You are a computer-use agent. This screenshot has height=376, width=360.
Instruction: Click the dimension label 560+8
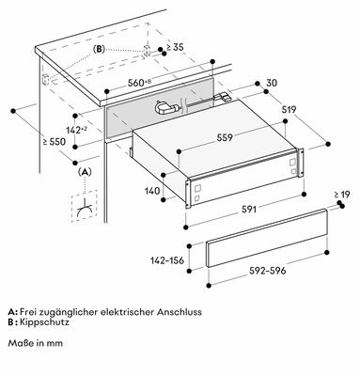coord(139,83)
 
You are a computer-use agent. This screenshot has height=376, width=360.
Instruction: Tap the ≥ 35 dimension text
coord(175,48)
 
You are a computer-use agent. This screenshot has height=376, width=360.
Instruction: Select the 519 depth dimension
coord(289,110)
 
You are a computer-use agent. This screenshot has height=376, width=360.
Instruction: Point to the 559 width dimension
coord(225,137)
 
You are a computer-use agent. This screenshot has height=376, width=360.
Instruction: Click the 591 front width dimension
coord(249,210)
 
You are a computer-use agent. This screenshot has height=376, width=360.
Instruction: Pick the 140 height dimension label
coord(152,191)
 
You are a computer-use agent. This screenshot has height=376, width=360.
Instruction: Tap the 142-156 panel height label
coord(167,260)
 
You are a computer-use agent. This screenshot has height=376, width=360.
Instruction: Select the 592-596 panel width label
coord(268,271)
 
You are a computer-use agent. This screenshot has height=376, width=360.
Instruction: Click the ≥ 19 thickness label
coord(342,195)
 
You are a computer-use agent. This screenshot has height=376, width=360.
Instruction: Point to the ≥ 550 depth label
coord(55,142)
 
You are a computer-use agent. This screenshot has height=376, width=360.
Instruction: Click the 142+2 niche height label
coord(77,130)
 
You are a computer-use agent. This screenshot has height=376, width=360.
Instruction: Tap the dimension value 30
coord(272,83)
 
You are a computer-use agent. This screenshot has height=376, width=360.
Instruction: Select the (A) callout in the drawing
coord(85,172)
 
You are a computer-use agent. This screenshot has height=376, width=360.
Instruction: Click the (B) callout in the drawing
coord(99,50)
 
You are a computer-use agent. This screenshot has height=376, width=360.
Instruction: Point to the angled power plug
coord(166,109)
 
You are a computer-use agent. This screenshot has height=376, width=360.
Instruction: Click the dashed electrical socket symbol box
coord(84,206)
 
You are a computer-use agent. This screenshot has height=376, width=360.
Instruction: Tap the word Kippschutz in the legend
coord(44,322)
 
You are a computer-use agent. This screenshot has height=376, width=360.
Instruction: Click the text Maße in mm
coord(36,343)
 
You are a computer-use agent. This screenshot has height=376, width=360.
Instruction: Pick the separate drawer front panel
coord(267,238)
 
